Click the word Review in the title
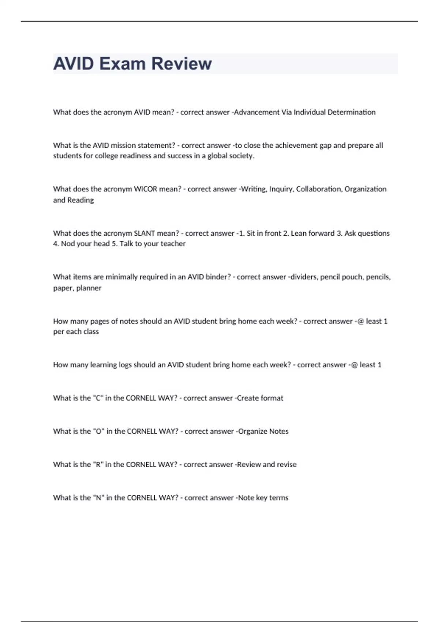click(x=181, y=64)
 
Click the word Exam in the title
click(x=122, y=64)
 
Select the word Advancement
click(x=256, y=112)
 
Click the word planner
click(x=89, y=288)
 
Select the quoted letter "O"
click(x=98, y=431)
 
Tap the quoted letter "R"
click(x=98, y=465)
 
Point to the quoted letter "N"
click(x=98, y=498)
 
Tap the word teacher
click(x=172, y=244)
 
